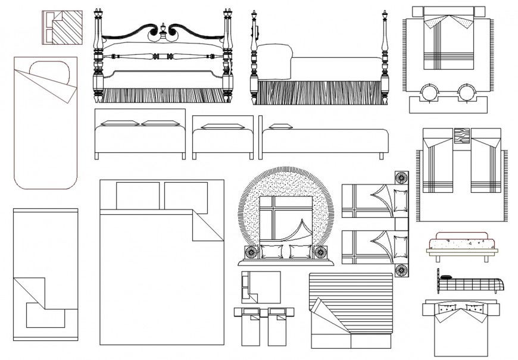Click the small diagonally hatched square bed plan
click(x=62, y=27)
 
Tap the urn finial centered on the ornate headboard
click(x=163, y=30)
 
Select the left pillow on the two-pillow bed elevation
click(x=120, y=124)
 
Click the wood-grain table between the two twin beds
click(x=462, y=136)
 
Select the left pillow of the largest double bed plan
click(x=138, y=195)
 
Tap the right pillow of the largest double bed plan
click(x=185, y=195)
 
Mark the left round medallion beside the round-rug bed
click(x=249, y=252)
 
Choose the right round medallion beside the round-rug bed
click(x=322, y=252)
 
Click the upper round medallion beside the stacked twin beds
click(x=401, y=178)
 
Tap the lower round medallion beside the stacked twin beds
click(x=401, y=270)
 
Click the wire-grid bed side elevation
click(x=470, y=283)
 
